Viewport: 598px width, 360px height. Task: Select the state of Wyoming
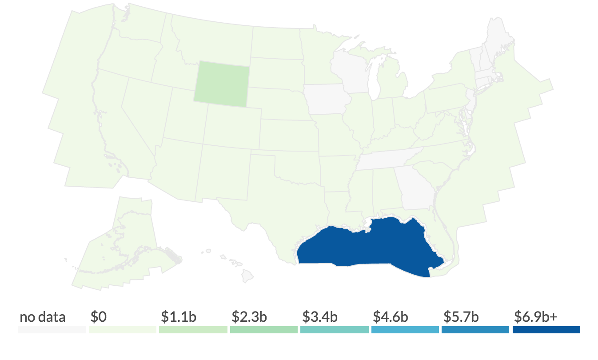(x=222, y=83)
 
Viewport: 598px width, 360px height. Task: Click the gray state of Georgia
(x=415, y=187)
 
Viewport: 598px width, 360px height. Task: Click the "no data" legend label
(x=42, y=317)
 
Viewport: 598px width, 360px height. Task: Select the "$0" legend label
(x=98, y=317)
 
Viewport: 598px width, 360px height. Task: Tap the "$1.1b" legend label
(x=178, y=317)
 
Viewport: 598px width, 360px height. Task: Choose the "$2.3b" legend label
(x=249, y=317)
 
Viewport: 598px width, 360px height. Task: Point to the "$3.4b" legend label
(x=320, y=317)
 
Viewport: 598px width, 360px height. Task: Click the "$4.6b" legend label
(x=391, y=317)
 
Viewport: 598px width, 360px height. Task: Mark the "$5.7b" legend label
(x=461, y=317)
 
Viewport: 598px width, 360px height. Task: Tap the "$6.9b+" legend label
(x=535, y=317)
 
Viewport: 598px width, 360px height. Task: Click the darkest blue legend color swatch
(x=546, y=330)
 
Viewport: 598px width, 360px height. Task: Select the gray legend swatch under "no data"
(x=52, y=330)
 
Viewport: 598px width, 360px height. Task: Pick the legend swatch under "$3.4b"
(x=335, y=330)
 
